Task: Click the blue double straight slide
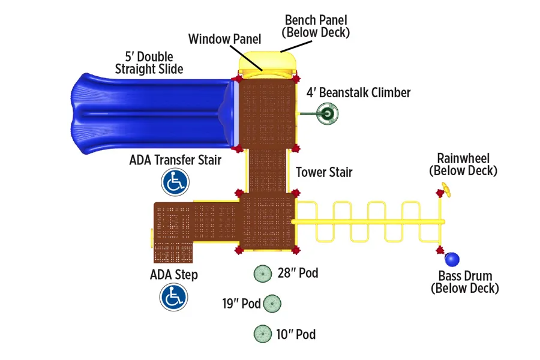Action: pyautogui.click(x=152, y=113)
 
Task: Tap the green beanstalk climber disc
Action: pyautogui.click(x=327, y=113)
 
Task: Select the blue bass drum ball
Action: pyautogui.click(x=452, y=259)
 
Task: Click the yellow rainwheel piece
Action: pyautogui.click(x=446, y=190)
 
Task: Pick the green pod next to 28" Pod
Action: pyautogui.click(x=263, y=274)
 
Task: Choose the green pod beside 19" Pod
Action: pyautogui.click(x=272, y=304)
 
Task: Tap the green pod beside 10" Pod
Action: pyautogui.click(x=263, y=334)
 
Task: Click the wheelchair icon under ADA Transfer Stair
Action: pyautogui.click(x=175, y=182)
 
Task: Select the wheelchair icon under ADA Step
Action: pyautogui.click(x=173, y=297)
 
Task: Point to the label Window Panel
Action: pyautogui.click(x=224, y=39)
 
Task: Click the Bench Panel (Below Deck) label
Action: pyautogui.click(x=316, y=26)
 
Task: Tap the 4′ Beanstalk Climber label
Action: pyautogui.click(x=359, y=92)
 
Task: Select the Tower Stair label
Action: pyautogui.click(x=324, y=172)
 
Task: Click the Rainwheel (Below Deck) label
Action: pyautogui.click(x=463, y=164)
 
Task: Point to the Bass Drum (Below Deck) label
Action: pyautogui.click(x=465, y=282)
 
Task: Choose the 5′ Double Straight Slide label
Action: pyautogui.click(x=149, y=62)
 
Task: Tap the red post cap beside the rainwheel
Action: pyautogui.click(x=439, y=193)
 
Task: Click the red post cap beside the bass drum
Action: pyautogui.click(x=440, y=250)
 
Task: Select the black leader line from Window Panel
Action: pyautogui.click(x=246, y=58)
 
